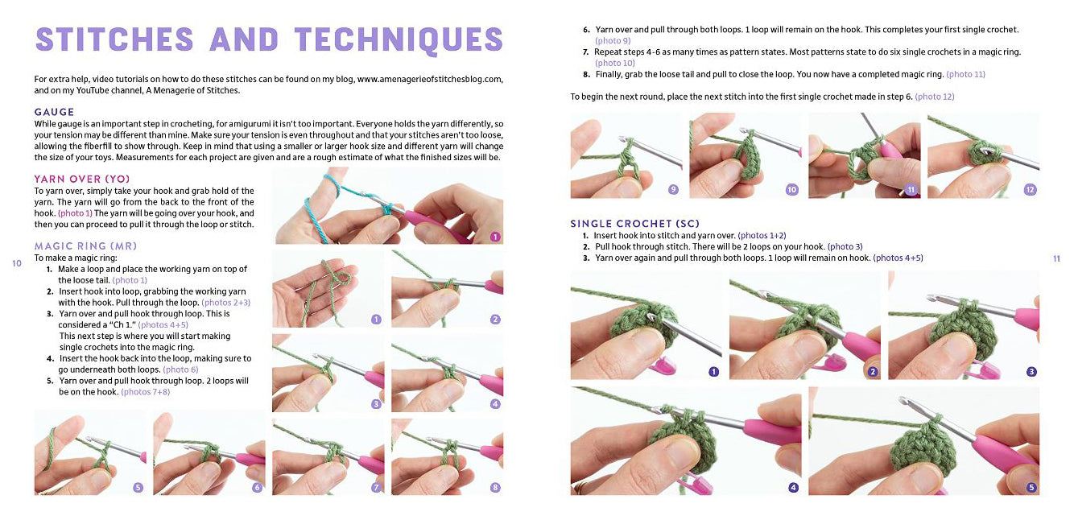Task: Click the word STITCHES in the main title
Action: pyautogui.click(x=114, y=39)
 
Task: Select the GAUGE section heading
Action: pyautogui.click(x=54, y=112)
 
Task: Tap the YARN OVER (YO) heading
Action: pyautogui.click(x=82, y=180)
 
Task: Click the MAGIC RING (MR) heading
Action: pyautogui.click(x=85, y=246)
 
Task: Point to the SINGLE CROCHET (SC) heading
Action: pyautogui.click(x=634, y=224)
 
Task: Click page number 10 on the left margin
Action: pyautogui.click(x=17, y=263)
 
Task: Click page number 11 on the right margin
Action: pyautogui.click(x=1056, y=259)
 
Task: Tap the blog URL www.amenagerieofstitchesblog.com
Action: pyautogui.click(x=430, y=79)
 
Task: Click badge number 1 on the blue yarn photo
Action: pyautogui.click(x=495, y=237)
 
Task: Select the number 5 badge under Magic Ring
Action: pyautogui.click(x=138, y=488)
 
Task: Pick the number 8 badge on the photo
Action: pyautogui.click(x=495, y=488)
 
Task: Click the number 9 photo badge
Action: pyautogui.click(x=673, y=190)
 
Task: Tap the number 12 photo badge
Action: pyautogui.click(x=1030, y=190)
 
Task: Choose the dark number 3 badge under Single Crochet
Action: pyautogui.click(x=1031, y=371)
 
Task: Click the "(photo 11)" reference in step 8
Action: pyautogui.click(x=965, y=74)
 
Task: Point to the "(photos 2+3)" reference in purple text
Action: pyautogui.click(x=225, y=303)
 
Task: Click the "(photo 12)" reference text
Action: pyautogui.click(x=935, y=97)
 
